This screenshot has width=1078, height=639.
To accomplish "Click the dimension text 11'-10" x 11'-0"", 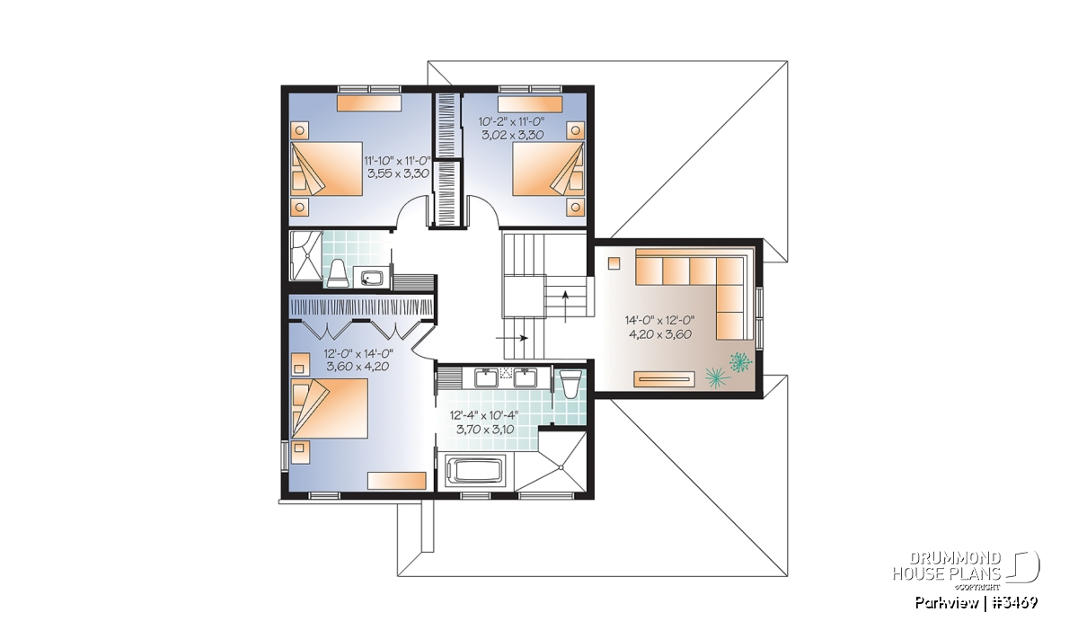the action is (397, 160).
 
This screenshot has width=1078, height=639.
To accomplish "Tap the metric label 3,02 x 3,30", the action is (513, 135).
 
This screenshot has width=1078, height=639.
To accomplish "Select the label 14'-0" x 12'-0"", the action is (659, 320).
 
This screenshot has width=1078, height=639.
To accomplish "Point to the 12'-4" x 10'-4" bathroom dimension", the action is (484, 415).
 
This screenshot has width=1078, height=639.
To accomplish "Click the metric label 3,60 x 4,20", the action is (358, 367).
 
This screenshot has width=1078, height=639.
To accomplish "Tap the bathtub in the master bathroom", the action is (475, 469).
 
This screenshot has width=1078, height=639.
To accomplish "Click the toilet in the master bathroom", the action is (570, 384).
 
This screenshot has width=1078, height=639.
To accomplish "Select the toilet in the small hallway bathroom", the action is (338, 273).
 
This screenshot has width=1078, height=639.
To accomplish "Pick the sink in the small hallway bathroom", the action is (371, 279).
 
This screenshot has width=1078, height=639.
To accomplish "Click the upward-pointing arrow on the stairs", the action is (565, 306).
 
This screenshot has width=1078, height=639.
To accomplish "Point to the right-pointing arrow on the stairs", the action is (512, 338).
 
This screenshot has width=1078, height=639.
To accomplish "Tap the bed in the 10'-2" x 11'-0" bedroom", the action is (548, 169).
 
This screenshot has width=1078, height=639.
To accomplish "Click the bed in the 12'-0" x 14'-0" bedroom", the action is (330, 408).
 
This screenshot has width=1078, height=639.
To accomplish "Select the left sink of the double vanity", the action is (487, 378).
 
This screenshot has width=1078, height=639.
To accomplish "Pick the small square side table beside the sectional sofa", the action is (614, 263).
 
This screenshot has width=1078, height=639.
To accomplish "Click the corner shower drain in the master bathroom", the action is (561, 467).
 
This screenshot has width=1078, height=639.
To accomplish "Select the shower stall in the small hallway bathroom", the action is (305, 256).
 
